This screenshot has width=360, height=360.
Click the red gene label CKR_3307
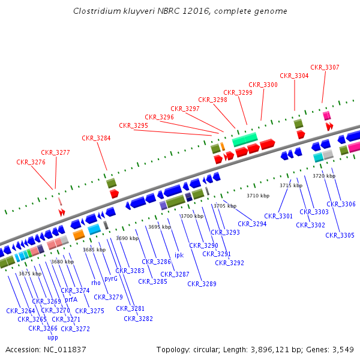[x=325, y=67]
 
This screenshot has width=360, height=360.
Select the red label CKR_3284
[x=96, y=138]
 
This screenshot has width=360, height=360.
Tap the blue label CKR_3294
[x=252, y=224]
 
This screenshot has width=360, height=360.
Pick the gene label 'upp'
[x=53, y=337]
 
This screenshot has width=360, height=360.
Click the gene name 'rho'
[x=96, y=283]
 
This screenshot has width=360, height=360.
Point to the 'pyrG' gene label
[x=111, y=278]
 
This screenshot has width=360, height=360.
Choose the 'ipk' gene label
[x=179, y=255]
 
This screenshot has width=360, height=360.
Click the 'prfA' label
[x=71, y=299]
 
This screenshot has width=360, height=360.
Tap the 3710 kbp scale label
[x=258, y=196]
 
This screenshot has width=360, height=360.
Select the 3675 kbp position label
[x=30, y=274]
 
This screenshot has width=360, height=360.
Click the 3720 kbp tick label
[x=324, y=176]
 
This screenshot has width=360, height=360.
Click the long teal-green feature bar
[x=245, y=139]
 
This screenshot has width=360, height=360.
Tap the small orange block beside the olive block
[x=223, y=146]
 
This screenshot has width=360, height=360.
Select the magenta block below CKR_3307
[x=326, y=115]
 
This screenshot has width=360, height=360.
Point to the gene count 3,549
[x=343, y=349]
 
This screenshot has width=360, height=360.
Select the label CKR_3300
[x=263, y=85]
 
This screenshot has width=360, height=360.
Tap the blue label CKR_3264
[x=20, y=311]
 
